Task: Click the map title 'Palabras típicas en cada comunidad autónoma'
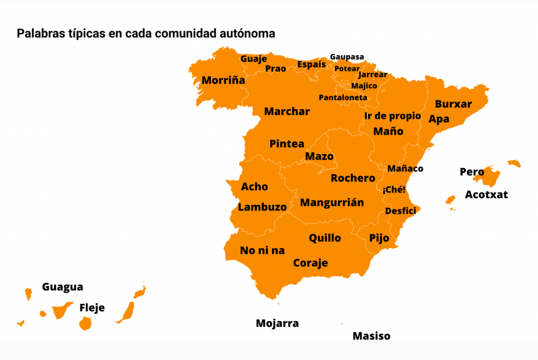[x=146, y=34]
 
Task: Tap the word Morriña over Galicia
[x=223, y=81]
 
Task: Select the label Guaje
[x=253, y=59]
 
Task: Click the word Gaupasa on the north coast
[x=347, y=57]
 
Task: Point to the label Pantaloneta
[x=343, y=97]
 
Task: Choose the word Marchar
[x=287, y=111]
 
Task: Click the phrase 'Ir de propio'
[x=392, y=116]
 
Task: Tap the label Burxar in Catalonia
[x=453, y=104]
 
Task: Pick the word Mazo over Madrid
[x=319, y=157]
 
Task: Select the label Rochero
[x=352, y=178]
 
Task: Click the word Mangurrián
[x=332, y=202]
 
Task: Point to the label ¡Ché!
[x=394, y=190]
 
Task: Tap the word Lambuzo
[x=262, y=207]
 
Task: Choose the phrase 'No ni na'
[x=263, y=250]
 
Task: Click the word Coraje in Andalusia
[x=310, y=263]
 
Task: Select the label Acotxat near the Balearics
[x=486, y=195]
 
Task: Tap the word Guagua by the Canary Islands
[x=63, y=287]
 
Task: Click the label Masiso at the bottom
[x=371, y=336]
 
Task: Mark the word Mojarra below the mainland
[x=277, y=323]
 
